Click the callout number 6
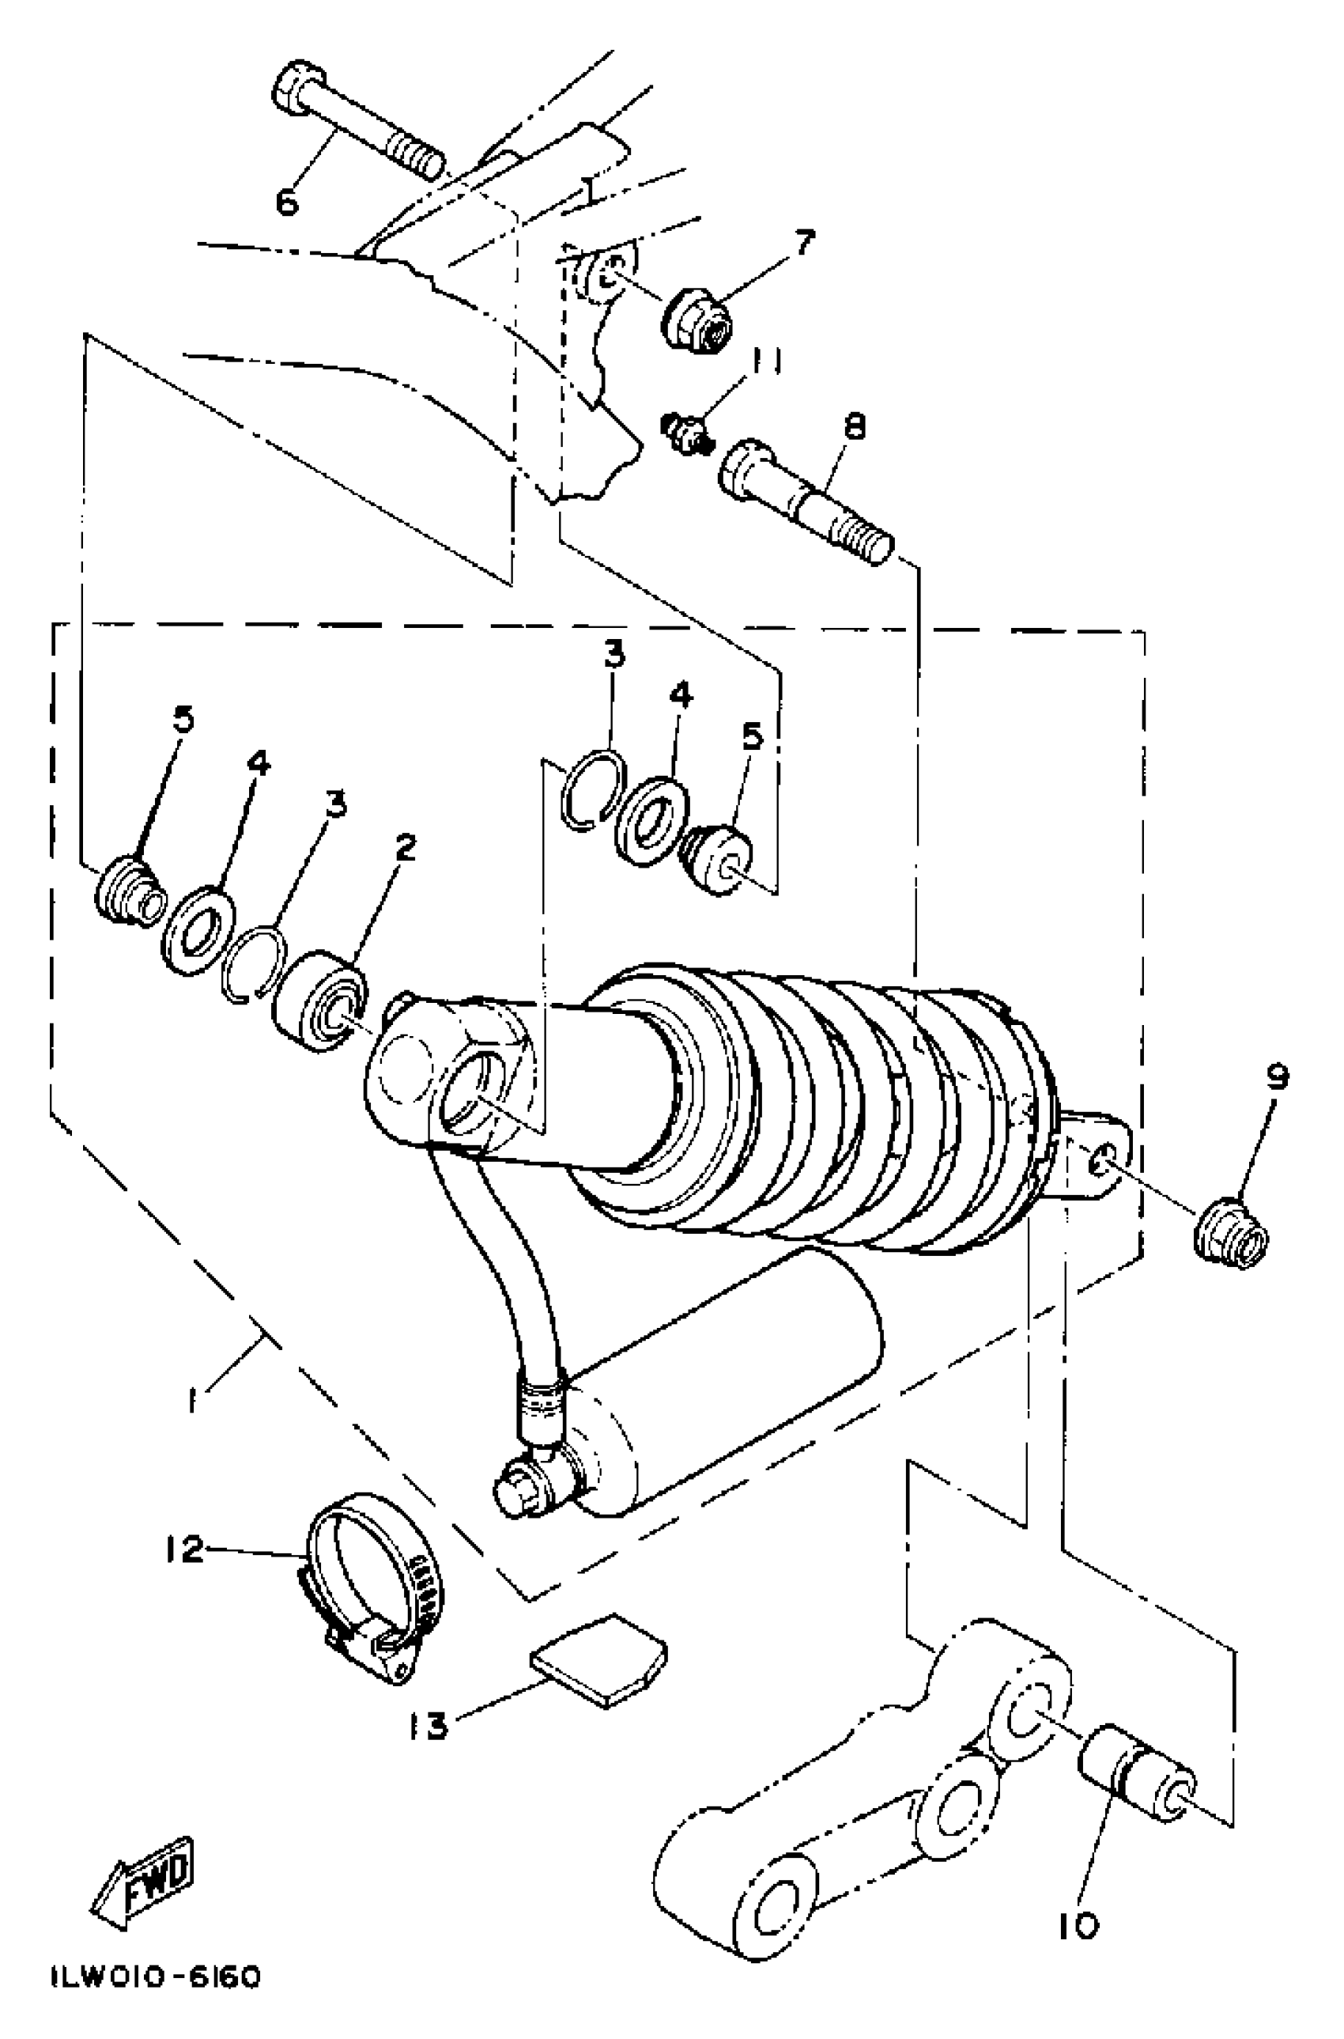286,202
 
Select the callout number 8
855,426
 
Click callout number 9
1276,1078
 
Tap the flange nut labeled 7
696,315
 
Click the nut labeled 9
1232,1236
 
